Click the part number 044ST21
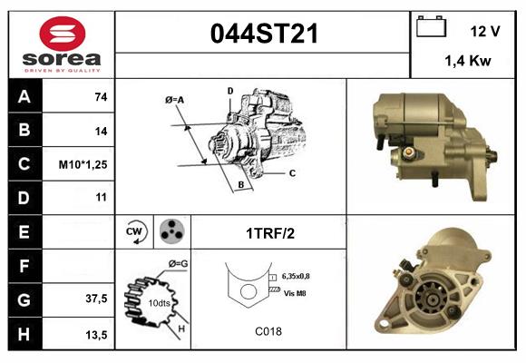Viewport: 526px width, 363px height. [264, 34]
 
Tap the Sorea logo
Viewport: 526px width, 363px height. [61, 45]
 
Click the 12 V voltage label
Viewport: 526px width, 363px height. [485, 31]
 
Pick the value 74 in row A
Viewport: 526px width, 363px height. [101, 97]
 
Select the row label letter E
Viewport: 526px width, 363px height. [24, 231]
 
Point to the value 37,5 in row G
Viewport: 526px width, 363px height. [96, 299]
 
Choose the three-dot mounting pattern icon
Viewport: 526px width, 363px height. [170, 231]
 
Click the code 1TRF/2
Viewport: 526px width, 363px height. [269, 232]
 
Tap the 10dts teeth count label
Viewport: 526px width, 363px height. [159, 301]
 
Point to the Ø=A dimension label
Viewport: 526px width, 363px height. [175, 99]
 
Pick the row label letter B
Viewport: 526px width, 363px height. [24, 131]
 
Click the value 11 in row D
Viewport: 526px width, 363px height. [101, 197]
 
